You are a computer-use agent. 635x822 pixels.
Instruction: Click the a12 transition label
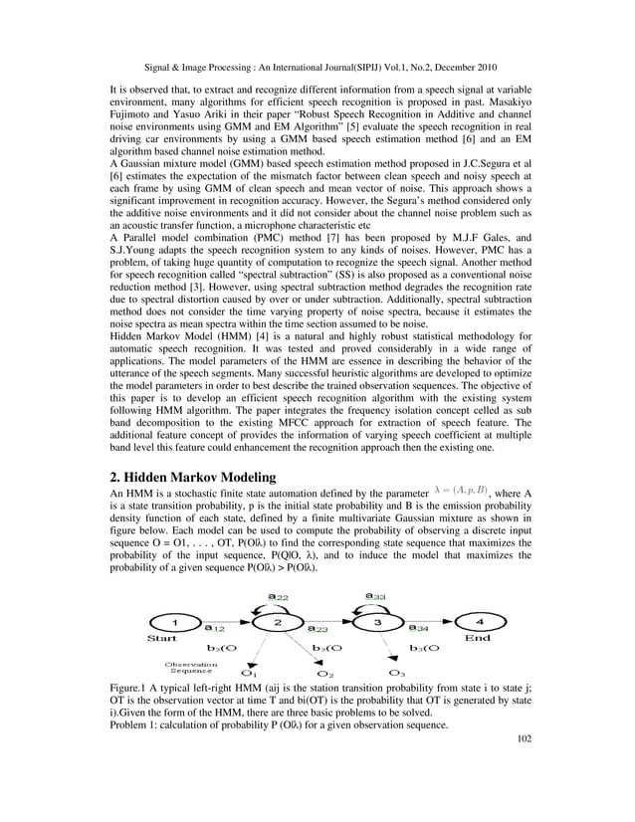214,628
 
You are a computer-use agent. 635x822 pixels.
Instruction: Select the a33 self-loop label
376,596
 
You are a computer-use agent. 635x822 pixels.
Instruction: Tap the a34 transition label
420,628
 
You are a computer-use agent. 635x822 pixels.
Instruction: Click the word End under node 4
478,638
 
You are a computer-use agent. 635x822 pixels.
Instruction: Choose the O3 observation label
397,674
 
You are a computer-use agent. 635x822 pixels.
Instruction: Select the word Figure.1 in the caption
133,689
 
